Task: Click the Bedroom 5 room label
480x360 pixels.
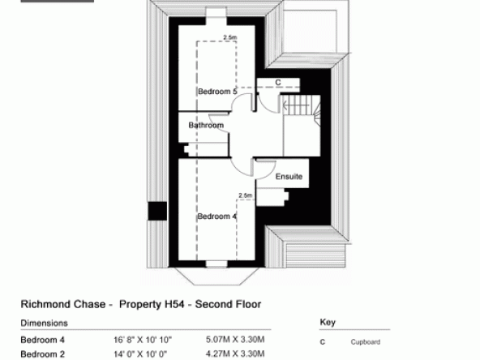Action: pyautogui.click(x=217, y=92)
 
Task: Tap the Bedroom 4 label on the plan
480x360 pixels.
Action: pyautogui.click(x=217, y=216)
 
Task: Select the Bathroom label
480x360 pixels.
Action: pyautogui.click(x=206, y=125)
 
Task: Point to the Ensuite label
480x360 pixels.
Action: pyautogui.click(x=289, y=177)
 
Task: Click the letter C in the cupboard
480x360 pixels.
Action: pyautogui.click(x=278, y=83)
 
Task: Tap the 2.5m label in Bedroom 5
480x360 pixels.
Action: pyautogui.click(x=230, y=37)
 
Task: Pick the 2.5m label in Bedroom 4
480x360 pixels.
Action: pyautogui.click(x=246, y=195)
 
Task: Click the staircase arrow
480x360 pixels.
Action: pyautogui.click(x=296, y=106)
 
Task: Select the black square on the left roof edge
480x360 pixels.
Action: pyautogui.click(x=157, y=211)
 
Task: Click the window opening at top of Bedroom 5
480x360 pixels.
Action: pyautogui.click(x=216, y=16)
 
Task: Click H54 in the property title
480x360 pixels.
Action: pyautogui.click(x=174, y=304)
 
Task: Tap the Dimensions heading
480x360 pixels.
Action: pyautogui.click(x=44, y=324)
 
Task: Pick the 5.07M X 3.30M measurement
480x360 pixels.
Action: pyautogui.click(x=235, y=340)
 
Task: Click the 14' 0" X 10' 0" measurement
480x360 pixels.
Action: pyautogui.click(x=140, y=354)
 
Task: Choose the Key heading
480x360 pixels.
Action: pyautogui.click(x=328, y=322)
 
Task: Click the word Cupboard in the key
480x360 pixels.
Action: pyautogui.click(x=366, y=342)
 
